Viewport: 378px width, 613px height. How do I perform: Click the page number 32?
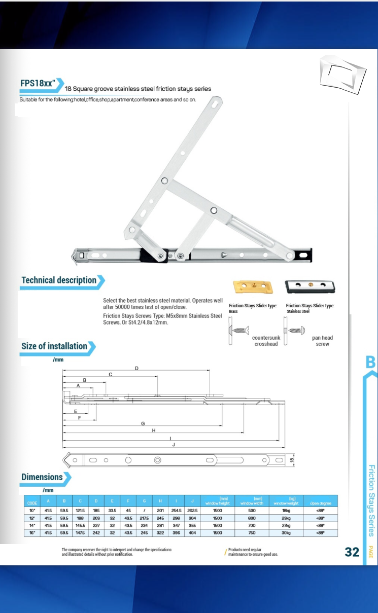coord(352,552)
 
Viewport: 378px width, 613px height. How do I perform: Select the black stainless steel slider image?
coord(310,286)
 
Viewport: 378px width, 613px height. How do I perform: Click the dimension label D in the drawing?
coord(136,368)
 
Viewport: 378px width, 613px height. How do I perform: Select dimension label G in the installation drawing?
coord(143,423)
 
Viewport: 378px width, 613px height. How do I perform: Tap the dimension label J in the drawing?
coord(174,445)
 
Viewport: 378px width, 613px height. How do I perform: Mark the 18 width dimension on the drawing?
coord(291,460)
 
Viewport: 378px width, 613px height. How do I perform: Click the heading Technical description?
coord(59,280)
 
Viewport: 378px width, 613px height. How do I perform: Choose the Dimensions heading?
coord(42,477)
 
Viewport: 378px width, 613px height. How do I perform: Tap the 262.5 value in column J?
coord(192,511)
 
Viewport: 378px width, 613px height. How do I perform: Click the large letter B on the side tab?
coord(370,362)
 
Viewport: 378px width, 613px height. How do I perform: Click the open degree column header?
coord(321,503)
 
